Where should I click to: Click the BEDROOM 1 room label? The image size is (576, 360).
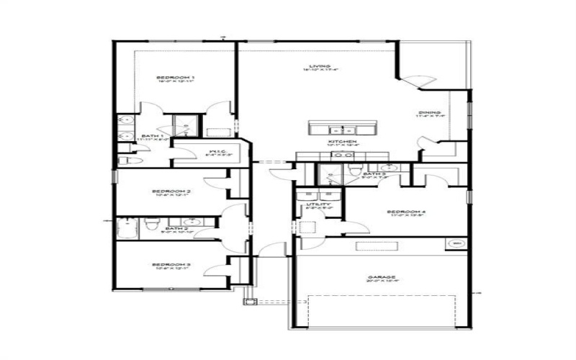click(176, 77)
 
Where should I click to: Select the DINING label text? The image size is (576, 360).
click(428, 112)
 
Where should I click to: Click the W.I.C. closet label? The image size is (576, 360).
click(214, 151)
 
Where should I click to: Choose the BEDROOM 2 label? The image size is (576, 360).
click(171, 191)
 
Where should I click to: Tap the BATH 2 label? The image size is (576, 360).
click(176, 228)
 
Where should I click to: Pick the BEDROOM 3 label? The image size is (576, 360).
click(171, 265)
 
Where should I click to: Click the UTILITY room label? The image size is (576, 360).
click(318, 204)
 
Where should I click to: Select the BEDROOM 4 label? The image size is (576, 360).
click(407, 212)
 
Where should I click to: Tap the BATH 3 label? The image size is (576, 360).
click(374, 174)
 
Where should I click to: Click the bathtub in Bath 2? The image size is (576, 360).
click(127, 229)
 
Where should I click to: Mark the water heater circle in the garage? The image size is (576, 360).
click(456, 244)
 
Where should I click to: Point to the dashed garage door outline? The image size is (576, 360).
click(382, 307)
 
